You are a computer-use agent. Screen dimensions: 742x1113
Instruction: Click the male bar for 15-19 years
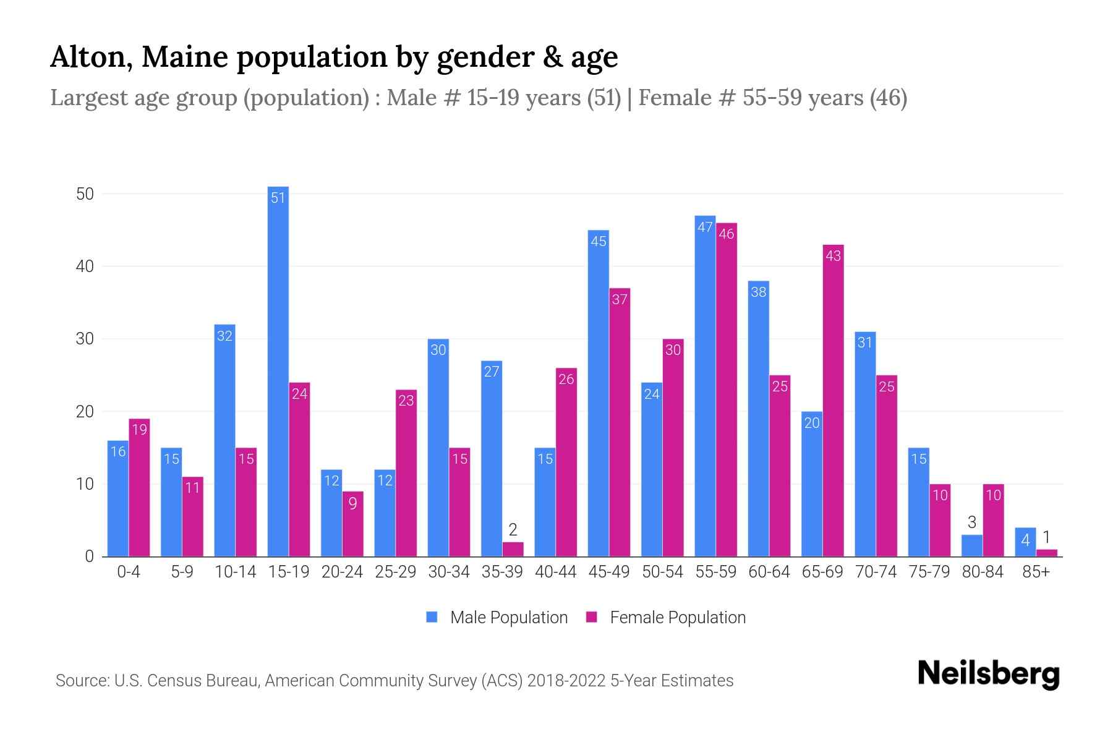pos(278,371)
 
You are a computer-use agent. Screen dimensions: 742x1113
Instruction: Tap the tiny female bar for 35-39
pos(513,550)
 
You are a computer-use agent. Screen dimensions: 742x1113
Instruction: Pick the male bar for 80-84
pos(972,545)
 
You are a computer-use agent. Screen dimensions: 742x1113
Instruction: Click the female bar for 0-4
pos(140,488)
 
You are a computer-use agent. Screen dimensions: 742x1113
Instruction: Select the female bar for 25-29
pos(406,473)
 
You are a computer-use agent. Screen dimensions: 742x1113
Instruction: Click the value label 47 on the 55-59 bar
pos(705,227)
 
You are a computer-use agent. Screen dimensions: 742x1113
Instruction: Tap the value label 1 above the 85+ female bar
pos(1046,537)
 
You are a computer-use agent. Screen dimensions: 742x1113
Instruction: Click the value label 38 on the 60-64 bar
pos(759,292)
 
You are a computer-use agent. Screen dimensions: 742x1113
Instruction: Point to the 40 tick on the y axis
pos(85,267)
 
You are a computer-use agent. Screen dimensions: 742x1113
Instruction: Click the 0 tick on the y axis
pos(89,556)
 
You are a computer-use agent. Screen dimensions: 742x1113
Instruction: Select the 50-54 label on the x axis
pos(662,572)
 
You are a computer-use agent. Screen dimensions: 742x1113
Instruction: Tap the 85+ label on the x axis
pos(1036,572)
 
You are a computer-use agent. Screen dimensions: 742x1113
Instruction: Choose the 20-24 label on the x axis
pos(342,572)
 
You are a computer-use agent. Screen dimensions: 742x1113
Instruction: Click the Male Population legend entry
pos(508,618)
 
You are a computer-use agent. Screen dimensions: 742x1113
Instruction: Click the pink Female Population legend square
pos(592,617)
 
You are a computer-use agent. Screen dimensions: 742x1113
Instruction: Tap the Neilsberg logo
pos(988,674)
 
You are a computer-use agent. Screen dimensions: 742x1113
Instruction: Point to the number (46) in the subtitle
pos(889,98)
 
